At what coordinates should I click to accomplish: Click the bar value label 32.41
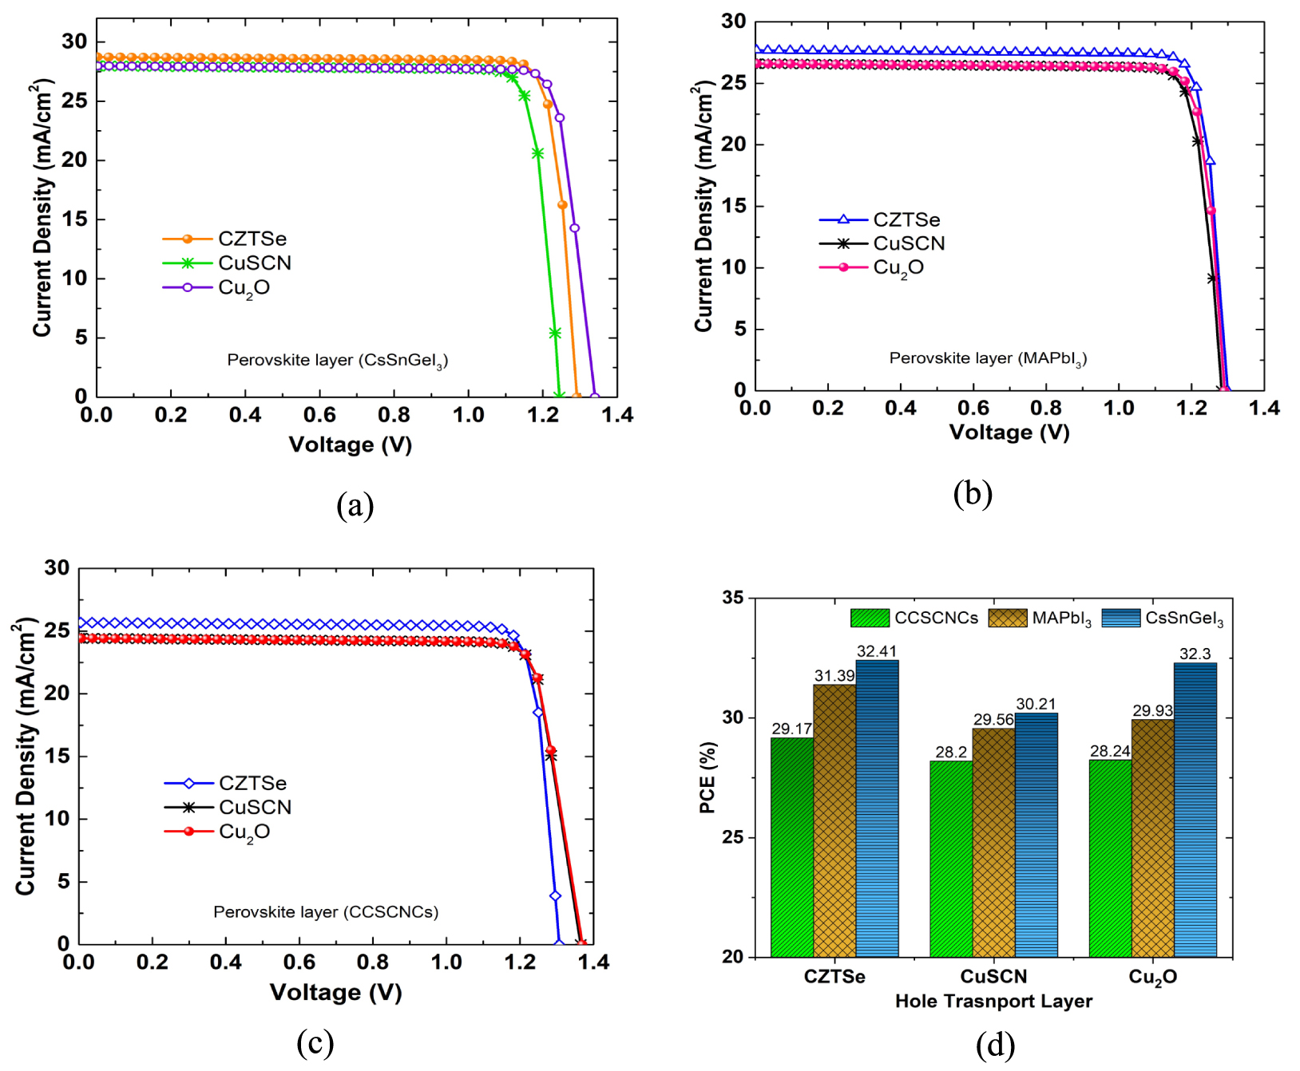(876, 651)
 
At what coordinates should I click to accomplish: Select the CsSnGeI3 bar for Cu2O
(1195, 810)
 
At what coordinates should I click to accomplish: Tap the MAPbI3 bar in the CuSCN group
(993, 842)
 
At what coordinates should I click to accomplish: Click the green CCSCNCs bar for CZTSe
(791, 847)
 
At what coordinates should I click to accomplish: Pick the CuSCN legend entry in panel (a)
(255, 263)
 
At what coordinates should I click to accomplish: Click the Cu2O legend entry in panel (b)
(898, 268)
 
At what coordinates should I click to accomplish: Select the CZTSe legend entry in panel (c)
(252, 784)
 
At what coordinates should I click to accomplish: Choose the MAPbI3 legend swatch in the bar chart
(1007, 618)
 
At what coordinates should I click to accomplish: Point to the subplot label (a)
(355, 505)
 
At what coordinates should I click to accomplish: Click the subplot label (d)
(995, 1044)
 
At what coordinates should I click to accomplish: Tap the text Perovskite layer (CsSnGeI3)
(337, 361)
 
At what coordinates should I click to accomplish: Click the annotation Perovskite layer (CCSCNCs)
(326, 912)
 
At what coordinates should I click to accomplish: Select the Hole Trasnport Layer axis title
(993, 1002)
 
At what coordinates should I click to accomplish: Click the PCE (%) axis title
(707, 778)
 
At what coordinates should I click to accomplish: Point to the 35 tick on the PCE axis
(732, 598)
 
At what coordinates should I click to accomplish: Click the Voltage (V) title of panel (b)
(1009, 433)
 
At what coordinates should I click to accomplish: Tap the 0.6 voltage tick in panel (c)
(299, 962)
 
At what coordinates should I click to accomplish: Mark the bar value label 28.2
(951, 752)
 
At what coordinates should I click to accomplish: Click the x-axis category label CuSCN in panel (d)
(993, 977)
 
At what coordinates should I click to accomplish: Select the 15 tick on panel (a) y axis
(74, 219)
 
